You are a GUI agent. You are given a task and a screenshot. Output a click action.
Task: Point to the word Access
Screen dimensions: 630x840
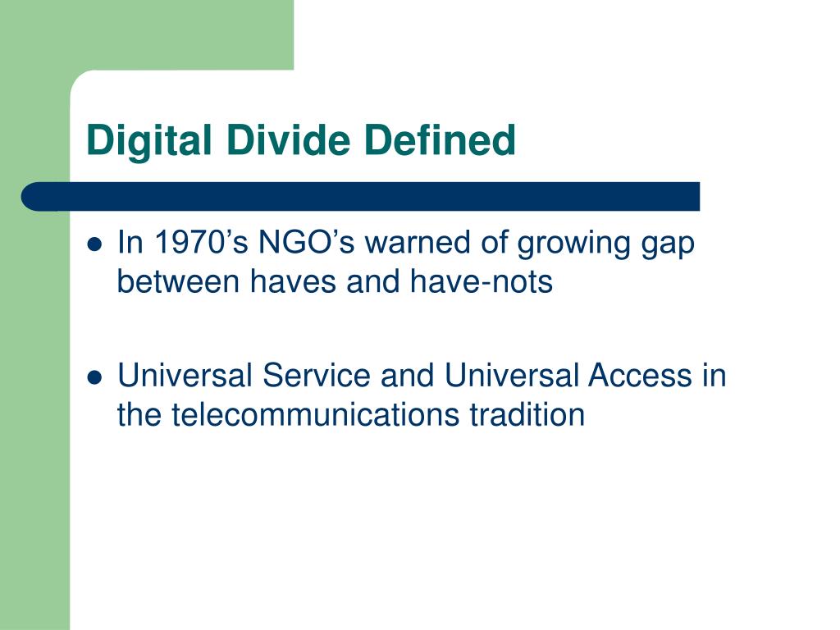point(641,377)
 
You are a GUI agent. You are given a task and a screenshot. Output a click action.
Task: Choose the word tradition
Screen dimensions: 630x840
point(527,415)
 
